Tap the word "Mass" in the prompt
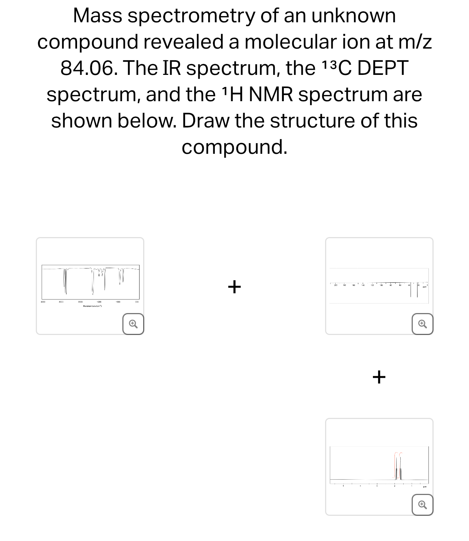97,16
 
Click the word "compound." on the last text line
234,147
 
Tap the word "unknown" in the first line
353,16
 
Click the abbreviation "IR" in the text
171,68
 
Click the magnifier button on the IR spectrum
133,324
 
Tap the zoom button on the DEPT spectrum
422,324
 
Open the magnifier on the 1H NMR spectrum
422,505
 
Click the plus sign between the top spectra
234,286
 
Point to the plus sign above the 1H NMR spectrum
379,377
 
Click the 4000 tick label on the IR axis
42,302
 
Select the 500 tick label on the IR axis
137,302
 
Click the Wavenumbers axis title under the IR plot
92,305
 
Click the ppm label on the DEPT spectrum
425,287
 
